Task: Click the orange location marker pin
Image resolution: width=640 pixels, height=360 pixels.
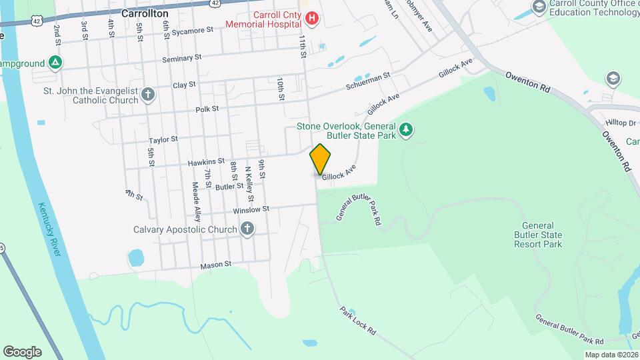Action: coord(321,159)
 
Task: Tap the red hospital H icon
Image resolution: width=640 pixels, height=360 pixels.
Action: coord(311,19)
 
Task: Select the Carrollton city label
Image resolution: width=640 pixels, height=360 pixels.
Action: coord(145,13)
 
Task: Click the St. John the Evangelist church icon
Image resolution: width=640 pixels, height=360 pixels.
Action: coord(148,95)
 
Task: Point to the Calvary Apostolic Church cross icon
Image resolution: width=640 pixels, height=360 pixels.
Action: coord(247,230)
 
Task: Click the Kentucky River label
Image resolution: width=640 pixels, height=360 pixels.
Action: coord(49,229)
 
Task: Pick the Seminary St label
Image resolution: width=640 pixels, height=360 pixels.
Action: coord(182,59)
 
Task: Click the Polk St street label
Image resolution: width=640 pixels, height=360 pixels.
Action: coord(207,109)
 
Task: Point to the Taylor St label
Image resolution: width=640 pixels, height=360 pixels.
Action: coord(163,140)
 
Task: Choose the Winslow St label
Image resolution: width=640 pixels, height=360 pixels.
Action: coord(251,209)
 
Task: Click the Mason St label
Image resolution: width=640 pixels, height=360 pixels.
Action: coord(215,265)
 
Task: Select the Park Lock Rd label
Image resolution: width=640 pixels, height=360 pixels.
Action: coord(358,321)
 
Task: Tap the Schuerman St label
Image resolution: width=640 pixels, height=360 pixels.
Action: coord(367,83)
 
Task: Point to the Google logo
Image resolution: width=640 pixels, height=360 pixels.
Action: coord(22,351)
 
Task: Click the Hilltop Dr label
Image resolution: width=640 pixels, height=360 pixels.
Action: coord(621,123)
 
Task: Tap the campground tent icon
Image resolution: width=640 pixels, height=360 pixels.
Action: coord(57,64)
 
